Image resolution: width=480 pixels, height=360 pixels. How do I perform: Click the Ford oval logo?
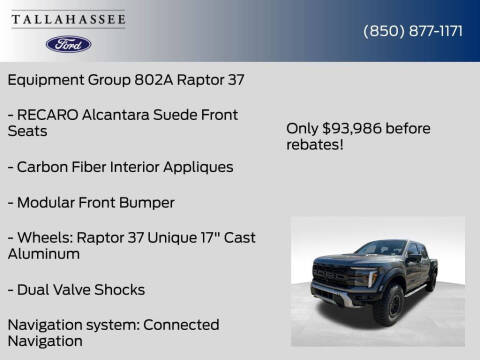pos(68,44)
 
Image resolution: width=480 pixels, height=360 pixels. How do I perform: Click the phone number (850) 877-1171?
pos(412,31)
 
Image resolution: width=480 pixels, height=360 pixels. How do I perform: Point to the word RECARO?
pos(51,114)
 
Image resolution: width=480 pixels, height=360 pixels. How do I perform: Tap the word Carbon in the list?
pos(43,166)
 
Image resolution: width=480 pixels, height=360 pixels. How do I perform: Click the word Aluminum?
pos(44,254)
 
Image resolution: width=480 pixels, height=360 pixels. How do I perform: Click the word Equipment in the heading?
pos(46,78)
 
